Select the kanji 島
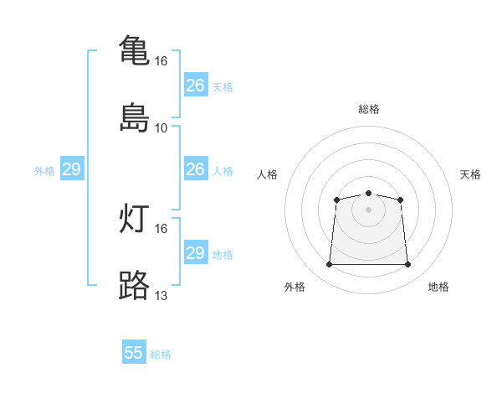tap(134, 117)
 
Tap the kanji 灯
tap(134, 219)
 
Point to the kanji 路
tap(134, 286)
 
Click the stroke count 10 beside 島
tap(161, 128)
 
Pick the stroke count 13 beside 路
tap(161, 296)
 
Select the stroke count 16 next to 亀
tap(161, 61)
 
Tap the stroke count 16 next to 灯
tap(161, 228)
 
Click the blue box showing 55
tap(134, 353)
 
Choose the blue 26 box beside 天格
tap(196, 86)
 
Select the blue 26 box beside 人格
tap(196, 169)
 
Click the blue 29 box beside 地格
tap(196, 253)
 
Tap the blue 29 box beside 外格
tap(72, 169)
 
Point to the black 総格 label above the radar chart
tap(369, 109)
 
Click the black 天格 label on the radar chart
tap(471, 174)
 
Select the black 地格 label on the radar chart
tap(438, 287)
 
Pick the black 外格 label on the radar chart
tap(295, 287)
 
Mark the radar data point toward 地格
tap(408, 265)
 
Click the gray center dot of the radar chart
tap(369, 210)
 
